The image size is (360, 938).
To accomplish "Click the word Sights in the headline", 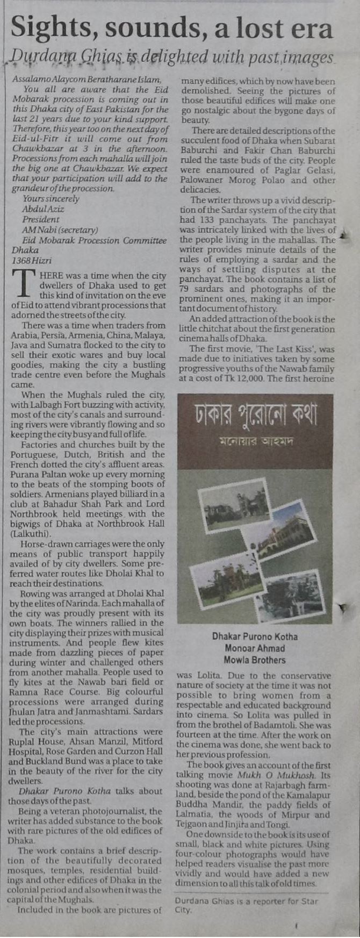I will coord(46,27).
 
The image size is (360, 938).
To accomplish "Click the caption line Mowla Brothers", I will coord(255,660).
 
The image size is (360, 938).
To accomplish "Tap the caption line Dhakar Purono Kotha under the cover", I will coord(255,636).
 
